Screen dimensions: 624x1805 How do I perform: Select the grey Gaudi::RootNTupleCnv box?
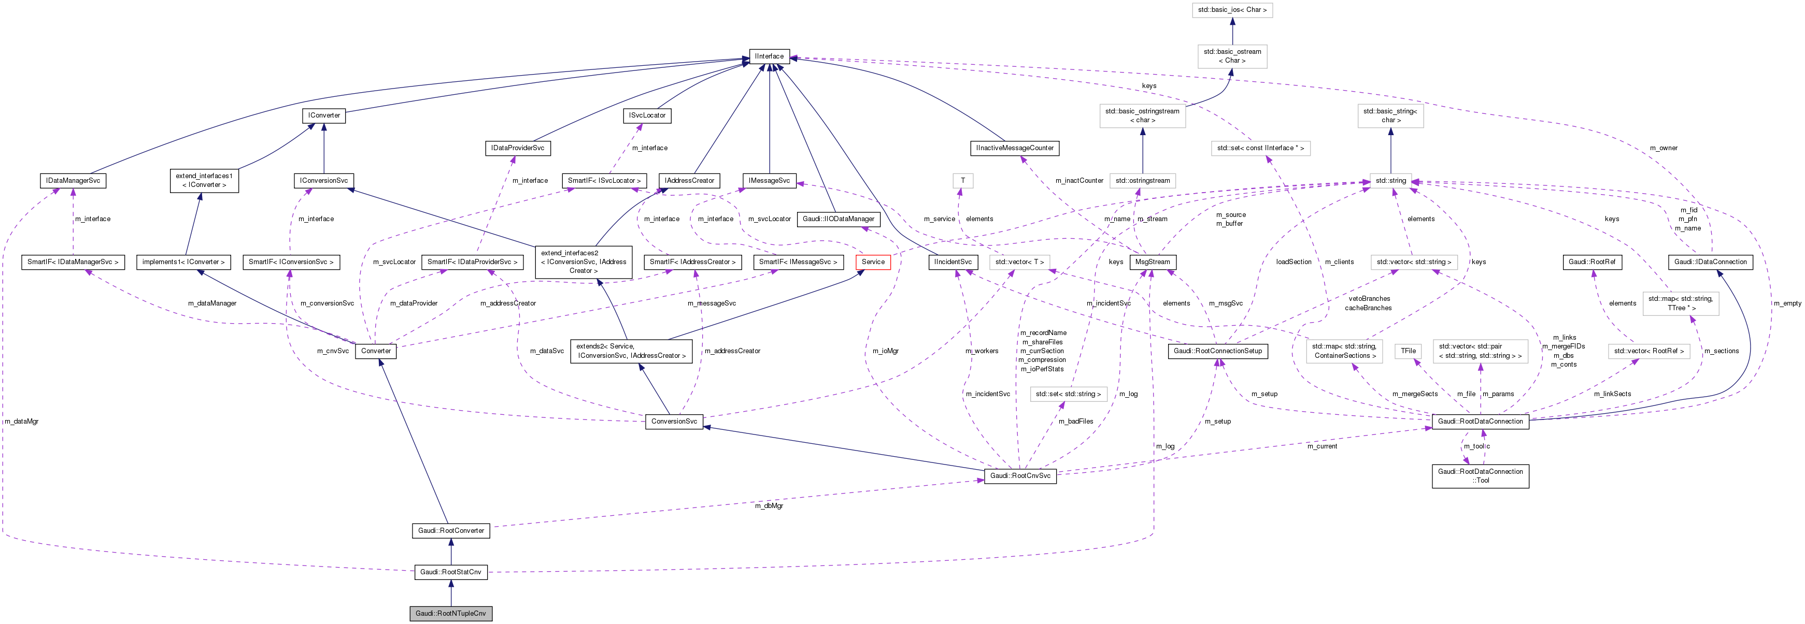450,614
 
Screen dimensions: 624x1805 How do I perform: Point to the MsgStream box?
1152,262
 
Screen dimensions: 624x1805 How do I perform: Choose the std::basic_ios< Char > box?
1232,10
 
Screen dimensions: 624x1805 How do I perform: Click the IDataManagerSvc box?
73,181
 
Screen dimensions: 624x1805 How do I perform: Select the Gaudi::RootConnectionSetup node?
1218,351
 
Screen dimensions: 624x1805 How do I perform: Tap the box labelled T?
963,181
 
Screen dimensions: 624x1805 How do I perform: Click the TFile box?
1409,351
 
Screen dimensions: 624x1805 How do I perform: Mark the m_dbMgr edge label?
769,505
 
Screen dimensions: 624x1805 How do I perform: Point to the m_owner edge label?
1664,148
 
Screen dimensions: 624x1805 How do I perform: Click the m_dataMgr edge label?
21,422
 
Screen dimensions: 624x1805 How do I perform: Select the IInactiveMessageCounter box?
1015,148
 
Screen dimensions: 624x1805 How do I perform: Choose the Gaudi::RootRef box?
1592,262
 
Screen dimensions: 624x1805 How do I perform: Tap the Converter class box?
376,351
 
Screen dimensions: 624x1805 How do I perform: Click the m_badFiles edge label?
1075,422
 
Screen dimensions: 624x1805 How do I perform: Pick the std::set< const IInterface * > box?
1260,148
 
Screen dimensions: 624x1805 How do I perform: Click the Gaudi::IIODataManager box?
838,219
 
